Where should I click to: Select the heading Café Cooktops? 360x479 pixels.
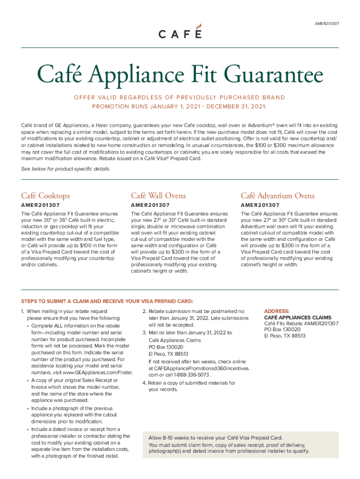coord(45,196)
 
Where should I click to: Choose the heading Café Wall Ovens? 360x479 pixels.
coord(158,196)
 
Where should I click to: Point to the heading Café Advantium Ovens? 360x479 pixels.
coord(278,196)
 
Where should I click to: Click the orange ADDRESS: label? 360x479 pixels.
coord(277,311)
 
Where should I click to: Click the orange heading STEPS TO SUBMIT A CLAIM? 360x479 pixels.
coord(107,301)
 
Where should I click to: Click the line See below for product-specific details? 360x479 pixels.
coord(66,168)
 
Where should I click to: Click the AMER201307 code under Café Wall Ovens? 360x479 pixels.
coord(150,205)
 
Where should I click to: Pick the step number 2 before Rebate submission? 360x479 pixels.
coord(144,311)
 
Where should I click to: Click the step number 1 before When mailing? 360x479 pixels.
coord(22,311)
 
